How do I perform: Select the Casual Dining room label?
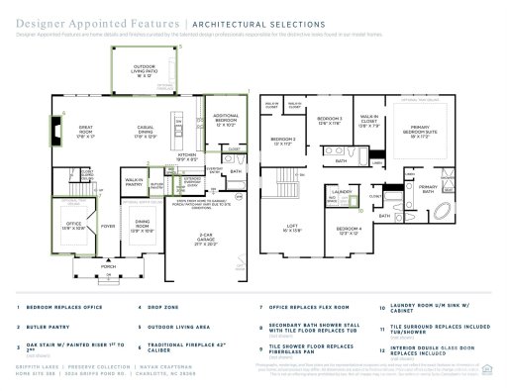pos(146,132)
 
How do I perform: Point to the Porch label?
pos(107,266)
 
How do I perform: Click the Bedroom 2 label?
pos(283,141)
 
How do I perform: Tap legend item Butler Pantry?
pos(43,325)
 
